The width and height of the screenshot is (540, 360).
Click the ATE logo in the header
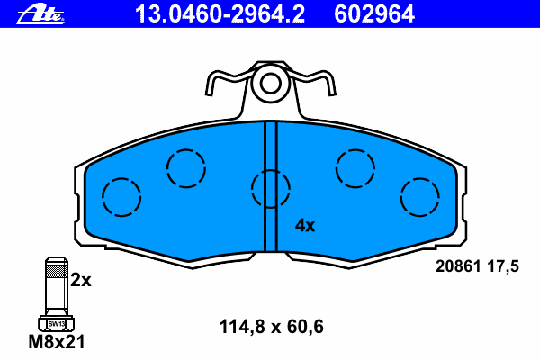click(x=40, y=14)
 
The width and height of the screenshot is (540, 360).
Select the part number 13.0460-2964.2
click(x=220, y=14)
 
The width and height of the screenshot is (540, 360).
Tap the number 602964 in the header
click(x=374, y=14)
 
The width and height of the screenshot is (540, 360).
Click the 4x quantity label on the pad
click(x=305, y=226)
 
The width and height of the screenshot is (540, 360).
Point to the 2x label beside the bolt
click(x=81, y=280)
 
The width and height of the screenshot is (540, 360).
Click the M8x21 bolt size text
click(x=57, y=342)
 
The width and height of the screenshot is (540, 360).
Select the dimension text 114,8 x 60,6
click(x=272, y=327)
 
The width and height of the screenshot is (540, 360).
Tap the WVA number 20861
click(x=458, y=266)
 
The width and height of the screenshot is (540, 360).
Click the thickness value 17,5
click(x=503, y=266)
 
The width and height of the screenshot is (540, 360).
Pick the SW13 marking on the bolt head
click(x=56, y=324)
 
